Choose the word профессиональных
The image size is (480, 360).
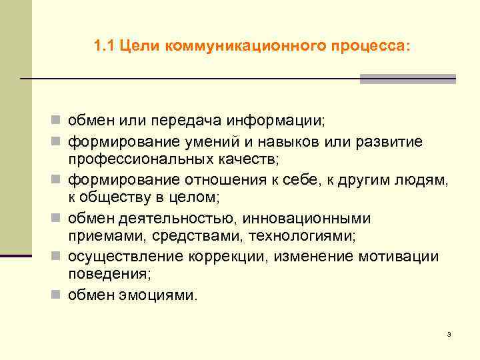[x=139, y=160]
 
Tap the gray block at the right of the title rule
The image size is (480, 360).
[x=407, y=79]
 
